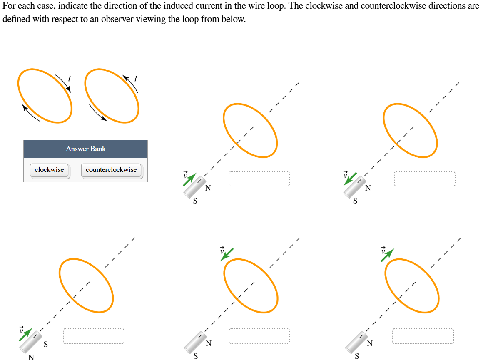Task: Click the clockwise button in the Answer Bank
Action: pyautogui.click(x=49, y=170)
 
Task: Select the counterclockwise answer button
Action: pyautogui.click(x=111, y=170)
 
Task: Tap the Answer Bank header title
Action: pyautogui.click(x=86, y=149)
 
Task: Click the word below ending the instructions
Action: pyautogui.click(x=233, y=20)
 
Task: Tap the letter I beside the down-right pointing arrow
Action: pyautogui.click(x=70, y=77)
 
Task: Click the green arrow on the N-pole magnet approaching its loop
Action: pyautogui.click(x=190, y=179)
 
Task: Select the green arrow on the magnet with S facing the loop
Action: pyautogui.click(x=25, y=334)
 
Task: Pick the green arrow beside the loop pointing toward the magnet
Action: pyautogui.click(x=227, y=254)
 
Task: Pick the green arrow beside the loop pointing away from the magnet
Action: pyautogui.click(x=387, y=255)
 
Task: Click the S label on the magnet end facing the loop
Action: pyautogui.click(x=46, y=344)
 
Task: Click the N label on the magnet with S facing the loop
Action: pyautogui.click(x=31, y=357)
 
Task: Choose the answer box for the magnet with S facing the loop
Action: pyautogui.click(x=94, y=336)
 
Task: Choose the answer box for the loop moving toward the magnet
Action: pyautogui.click(x=259, y=336)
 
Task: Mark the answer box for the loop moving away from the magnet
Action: pyautogui.click(x=423, y=336)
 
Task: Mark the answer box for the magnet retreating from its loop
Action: pyautogui.click(x=424, y=179)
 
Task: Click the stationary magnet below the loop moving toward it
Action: pyautogui.click(x=193, y=341)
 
